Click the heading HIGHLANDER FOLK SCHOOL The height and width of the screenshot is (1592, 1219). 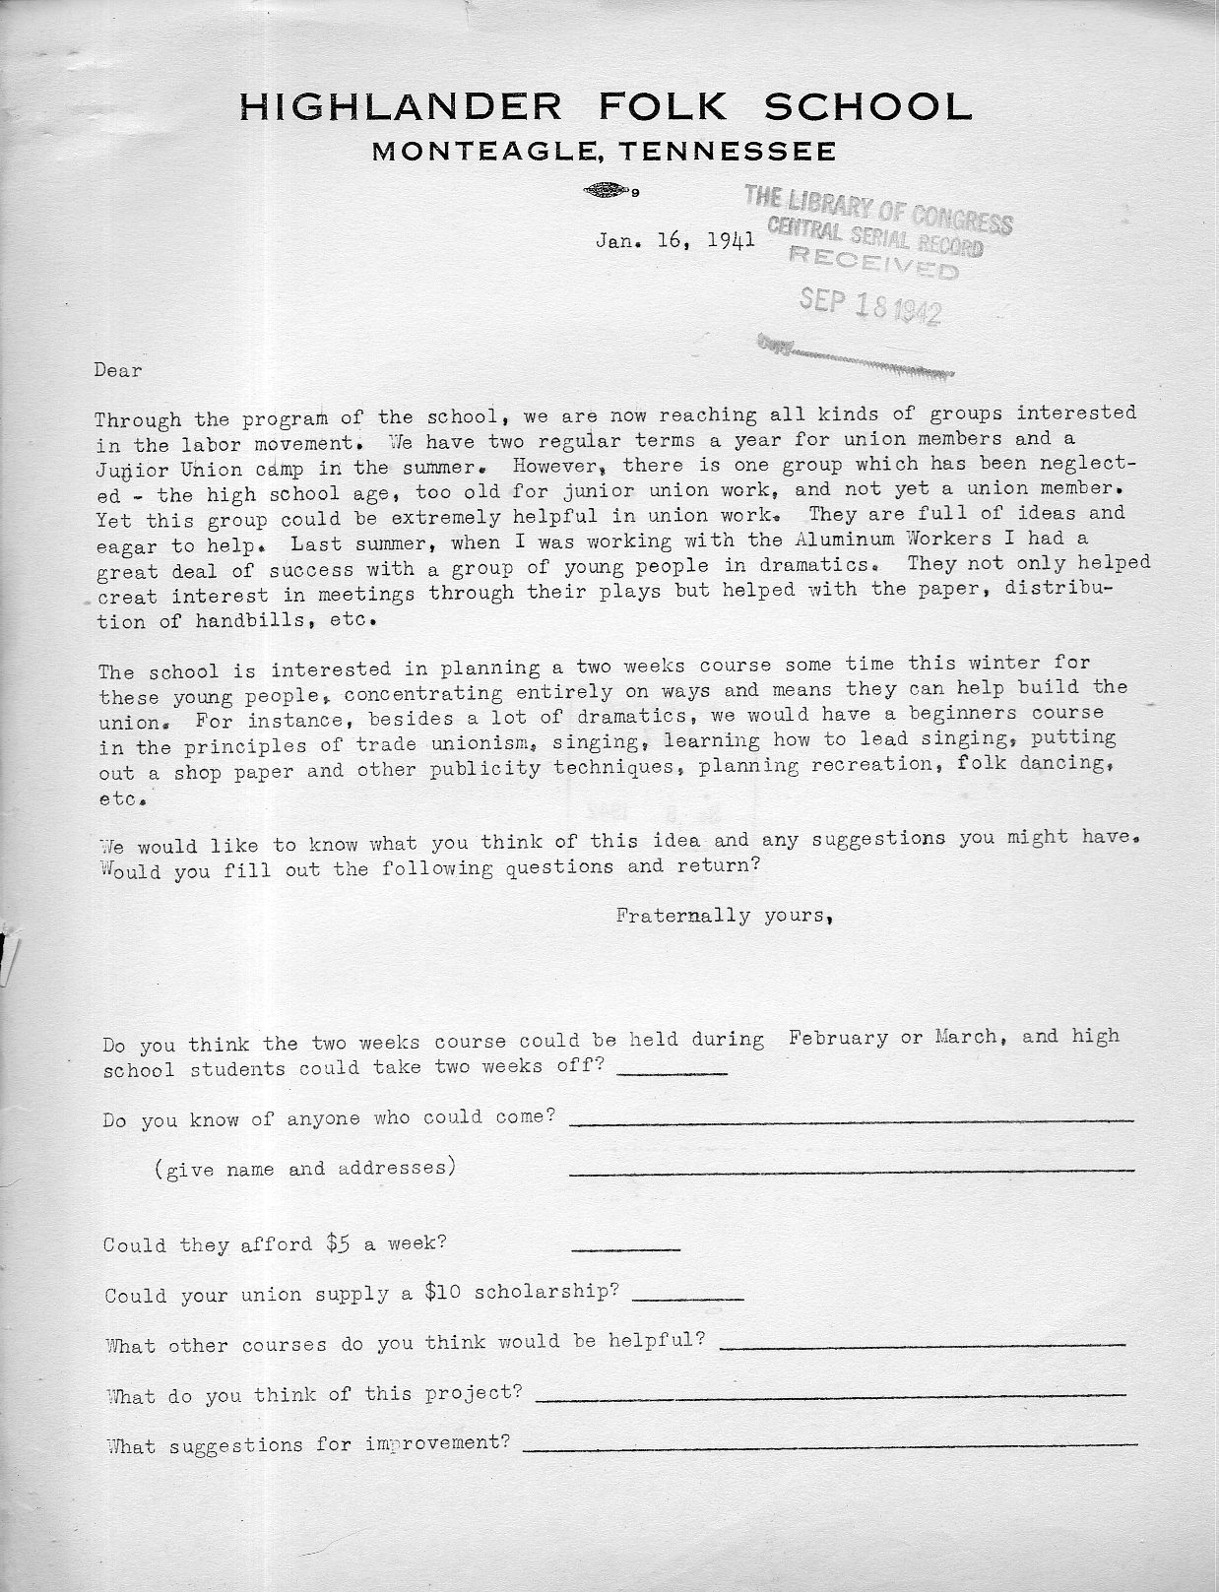point(606,105)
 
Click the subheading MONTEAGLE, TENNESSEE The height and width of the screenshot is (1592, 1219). point(605,152)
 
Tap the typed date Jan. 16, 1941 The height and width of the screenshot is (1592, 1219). point(675,239)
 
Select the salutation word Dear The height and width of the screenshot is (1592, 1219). point(119,371)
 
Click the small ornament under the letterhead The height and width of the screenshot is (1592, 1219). point(608,191)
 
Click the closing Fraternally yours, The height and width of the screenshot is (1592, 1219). point(727,916)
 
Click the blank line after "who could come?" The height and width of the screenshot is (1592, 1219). point(852,1120)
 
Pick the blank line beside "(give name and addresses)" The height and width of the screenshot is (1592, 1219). point(852,1171)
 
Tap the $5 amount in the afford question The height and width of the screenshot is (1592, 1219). point(340,1242)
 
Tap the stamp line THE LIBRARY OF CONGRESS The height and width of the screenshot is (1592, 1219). point(878,208)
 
